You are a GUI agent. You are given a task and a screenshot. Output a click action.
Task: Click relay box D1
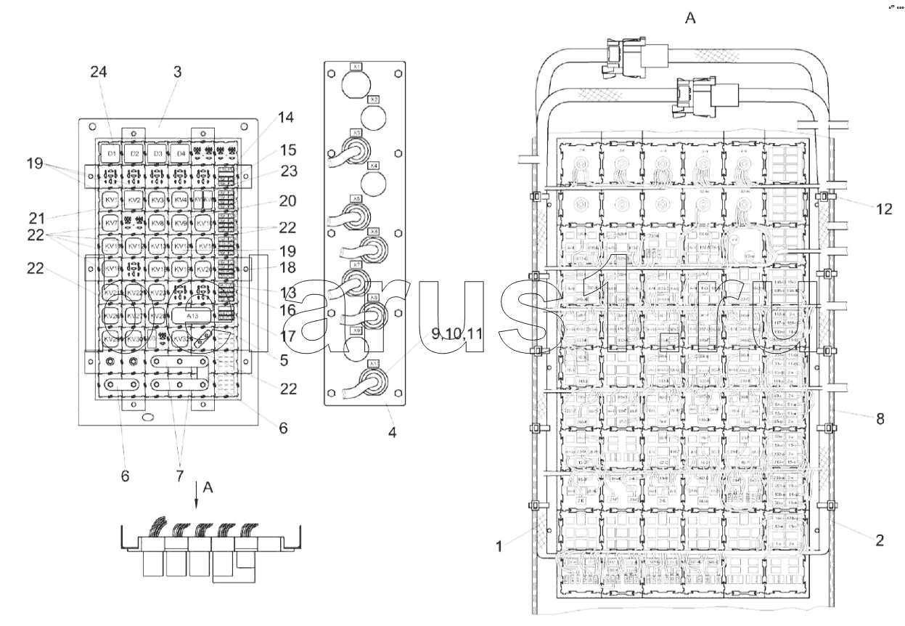coord(111,154)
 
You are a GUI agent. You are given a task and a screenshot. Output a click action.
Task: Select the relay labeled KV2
coord(134,200)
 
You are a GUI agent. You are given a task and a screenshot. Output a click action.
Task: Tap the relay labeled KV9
coord(181,222)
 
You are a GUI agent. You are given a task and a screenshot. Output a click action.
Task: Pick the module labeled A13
coord(193,317)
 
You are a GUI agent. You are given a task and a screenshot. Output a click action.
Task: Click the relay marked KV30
coord(134,339)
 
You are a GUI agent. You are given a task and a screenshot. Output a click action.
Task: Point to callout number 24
coord(99,72)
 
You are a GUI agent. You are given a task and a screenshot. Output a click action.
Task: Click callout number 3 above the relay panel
coord(177,72)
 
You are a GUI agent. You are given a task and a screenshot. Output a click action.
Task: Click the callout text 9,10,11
coord(457,333)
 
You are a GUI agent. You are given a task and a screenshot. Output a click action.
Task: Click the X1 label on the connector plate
coord(356,66)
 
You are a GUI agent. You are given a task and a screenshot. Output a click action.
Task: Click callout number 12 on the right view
coord(883,209)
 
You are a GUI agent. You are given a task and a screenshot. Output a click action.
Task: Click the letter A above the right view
coord(690,17)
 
